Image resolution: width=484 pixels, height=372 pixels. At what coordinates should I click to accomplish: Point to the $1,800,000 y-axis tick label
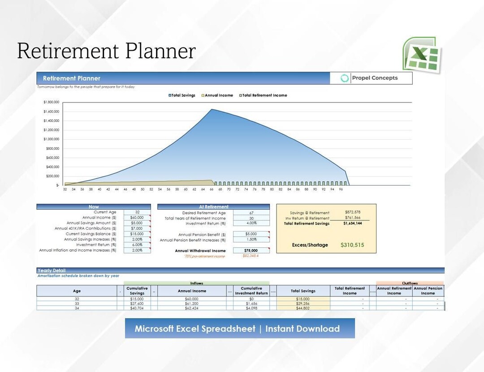click(x=52, y=102)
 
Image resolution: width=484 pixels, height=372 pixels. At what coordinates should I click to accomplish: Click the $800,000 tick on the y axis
click(x=52, y=149)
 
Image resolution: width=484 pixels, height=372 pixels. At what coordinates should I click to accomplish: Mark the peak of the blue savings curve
click(x=212, y=109)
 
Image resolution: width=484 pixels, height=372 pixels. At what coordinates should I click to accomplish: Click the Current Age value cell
click(x=137, y=212)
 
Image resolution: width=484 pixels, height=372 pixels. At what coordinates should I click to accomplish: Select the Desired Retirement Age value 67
click(x=251, y=213)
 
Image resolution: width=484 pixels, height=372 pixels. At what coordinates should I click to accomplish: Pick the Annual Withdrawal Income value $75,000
click(x=251, y=251)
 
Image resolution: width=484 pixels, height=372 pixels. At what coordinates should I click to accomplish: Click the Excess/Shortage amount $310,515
click(x=352, y=245)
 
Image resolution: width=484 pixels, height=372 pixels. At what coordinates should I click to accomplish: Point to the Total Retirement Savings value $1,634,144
click(x=353, y=223)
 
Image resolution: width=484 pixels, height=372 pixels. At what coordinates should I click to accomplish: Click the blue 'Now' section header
click(x=94, y=207)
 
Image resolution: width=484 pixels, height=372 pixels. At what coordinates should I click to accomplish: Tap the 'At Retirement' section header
click(x=213, y=207)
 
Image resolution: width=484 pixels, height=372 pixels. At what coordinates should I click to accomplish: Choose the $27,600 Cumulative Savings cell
click(x=137, y=304)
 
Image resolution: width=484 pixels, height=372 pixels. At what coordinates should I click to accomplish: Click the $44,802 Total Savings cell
click(x=302, y=308)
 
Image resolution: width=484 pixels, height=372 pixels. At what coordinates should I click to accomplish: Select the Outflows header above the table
click(x=410, y=283)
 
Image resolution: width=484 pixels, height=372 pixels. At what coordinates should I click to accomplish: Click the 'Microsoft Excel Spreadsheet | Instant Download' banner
click(x=239, y=328)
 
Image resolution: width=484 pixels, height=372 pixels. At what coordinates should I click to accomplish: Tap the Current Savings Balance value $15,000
click(x=137, y=234)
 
